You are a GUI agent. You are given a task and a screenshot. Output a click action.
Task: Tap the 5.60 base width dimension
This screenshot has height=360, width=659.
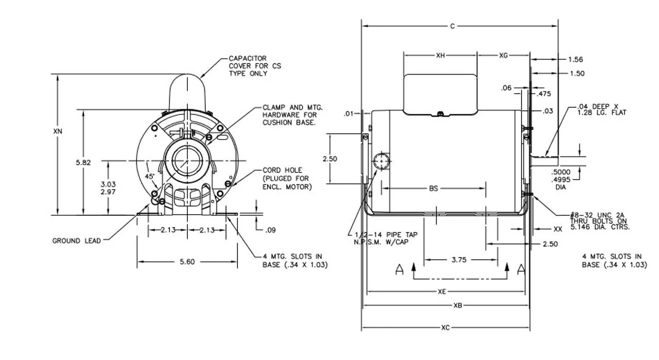[187, 262]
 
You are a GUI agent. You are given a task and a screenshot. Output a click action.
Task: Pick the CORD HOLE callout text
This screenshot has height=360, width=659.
[287, 178]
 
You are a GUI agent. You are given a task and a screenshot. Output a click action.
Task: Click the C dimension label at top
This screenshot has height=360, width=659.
[453, 26]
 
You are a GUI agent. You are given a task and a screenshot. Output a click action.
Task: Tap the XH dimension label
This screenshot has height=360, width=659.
[440, 55]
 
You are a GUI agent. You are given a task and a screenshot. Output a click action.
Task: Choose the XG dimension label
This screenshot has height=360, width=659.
[504, 55]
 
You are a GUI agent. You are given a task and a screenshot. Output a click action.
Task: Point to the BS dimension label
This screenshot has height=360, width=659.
[433, 189]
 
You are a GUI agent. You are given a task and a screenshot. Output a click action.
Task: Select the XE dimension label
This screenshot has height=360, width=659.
[442, 292]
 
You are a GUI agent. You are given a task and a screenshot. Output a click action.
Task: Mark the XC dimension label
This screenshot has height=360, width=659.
[445, 328]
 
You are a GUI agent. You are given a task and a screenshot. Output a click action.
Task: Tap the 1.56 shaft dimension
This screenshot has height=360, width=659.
[576, 60]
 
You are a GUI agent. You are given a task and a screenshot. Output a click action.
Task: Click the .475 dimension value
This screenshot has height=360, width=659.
[544, 94]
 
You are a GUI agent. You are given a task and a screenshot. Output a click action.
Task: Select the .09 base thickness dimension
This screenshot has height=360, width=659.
[271, 230]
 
